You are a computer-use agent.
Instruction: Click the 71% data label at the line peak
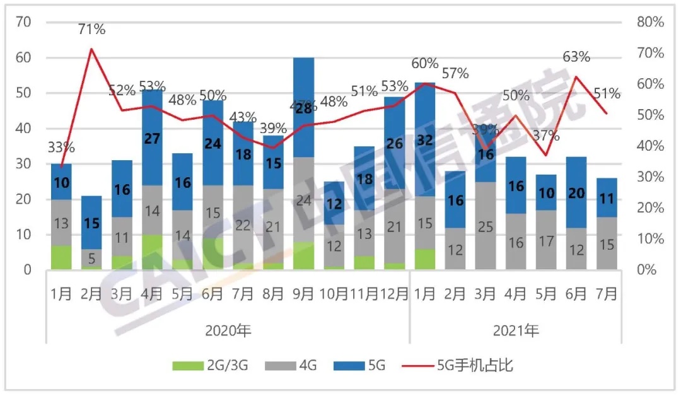coord(92,29)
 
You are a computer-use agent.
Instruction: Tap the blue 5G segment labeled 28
coord(304,108)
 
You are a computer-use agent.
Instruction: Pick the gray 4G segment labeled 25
coord(486,226)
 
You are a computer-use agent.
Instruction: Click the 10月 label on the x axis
coord(334,294)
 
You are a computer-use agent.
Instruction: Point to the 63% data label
coord(576,57)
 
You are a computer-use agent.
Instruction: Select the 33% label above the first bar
coord(61,148)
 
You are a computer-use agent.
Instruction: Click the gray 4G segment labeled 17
coord(547,241)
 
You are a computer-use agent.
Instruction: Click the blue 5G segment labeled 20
coord(577,193)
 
